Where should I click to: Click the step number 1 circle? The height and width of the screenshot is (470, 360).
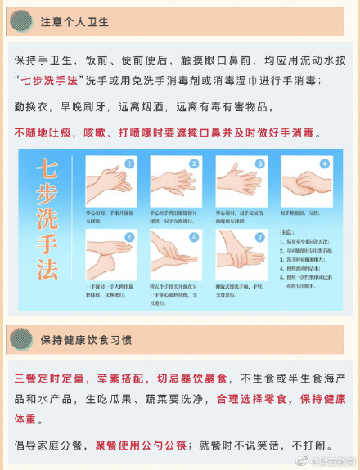[130, 164]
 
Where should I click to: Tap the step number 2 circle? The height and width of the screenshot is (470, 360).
[194, 163]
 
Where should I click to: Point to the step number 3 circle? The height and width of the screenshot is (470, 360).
[259, 163]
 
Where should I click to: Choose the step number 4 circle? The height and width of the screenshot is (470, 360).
[324, 163]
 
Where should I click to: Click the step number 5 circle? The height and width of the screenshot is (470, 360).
[129, 238]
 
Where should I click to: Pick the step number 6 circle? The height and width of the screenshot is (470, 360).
[194, 238]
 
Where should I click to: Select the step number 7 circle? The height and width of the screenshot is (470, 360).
[259, 238]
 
